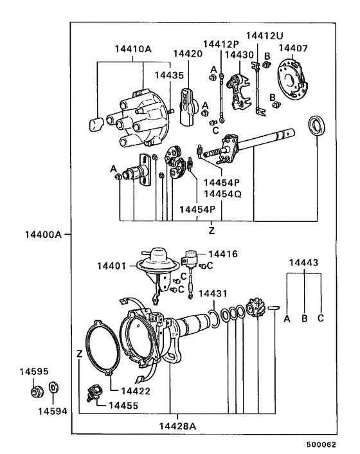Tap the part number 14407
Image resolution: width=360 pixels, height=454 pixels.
292,48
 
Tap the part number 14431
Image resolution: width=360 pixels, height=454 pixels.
212,294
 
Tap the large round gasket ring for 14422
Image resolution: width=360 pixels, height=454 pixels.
102,347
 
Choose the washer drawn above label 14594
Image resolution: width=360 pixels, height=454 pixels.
52,388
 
